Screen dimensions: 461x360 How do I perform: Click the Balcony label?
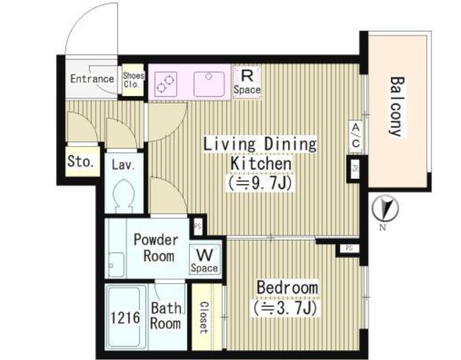(x=397, y=106)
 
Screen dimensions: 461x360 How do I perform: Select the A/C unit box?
(x=356, y=136)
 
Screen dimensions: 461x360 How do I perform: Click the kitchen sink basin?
(x=209, y=84)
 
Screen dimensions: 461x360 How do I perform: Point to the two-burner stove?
(x=166, y=84)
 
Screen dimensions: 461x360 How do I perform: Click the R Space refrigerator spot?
(x=247, y=82)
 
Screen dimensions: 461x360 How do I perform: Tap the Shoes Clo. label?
(x=133, y=80)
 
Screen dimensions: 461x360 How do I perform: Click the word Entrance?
(x=92, y=79)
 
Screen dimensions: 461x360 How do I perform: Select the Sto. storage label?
(x=81, y=161)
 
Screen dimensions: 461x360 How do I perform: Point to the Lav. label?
(x=123, y=165)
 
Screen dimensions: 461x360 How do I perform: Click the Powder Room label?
(x=156, y=248)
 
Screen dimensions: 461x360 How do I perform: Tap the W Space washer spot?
(x=204, y=260)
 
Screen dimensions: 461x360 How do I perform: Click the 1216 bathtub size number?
(x=125, y=318)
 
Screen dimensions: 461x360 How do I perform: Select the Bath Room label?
(x=165, y=316)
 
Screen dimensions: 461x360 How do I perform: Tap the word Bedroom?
(x=288, y=287)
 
